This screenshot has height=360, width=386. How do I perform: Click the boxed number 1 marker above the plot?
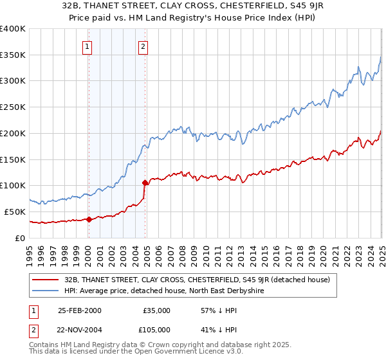(x=86, y=46)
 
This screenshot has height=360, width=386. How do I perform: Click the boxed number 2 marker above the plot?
(x=142, y=46)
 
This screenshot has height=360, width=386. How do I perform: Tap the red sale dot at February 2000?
(x=89, y=219)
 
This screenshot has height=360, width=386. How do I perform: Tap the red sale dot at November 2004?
(x=145, y=183)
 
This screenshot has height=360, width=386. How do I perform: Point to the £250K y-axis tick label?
(x=13, y=107)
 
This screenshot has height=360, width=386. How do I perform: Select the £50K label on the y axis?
(x=15, y=212)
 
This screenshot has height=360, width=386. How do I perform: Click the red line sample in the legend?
(x=46, y=280)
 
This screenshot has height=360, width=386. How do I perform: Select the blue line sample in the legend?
(x=46, y=291)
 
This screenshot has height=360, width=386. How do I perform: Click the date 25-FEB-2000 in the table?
(x=79, y=310)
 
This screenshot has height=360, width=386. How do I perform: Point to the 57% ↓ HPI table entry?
(x=214, y=310)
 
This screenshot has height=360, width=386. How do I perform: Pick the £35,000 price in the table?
(x=156, y=310)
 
